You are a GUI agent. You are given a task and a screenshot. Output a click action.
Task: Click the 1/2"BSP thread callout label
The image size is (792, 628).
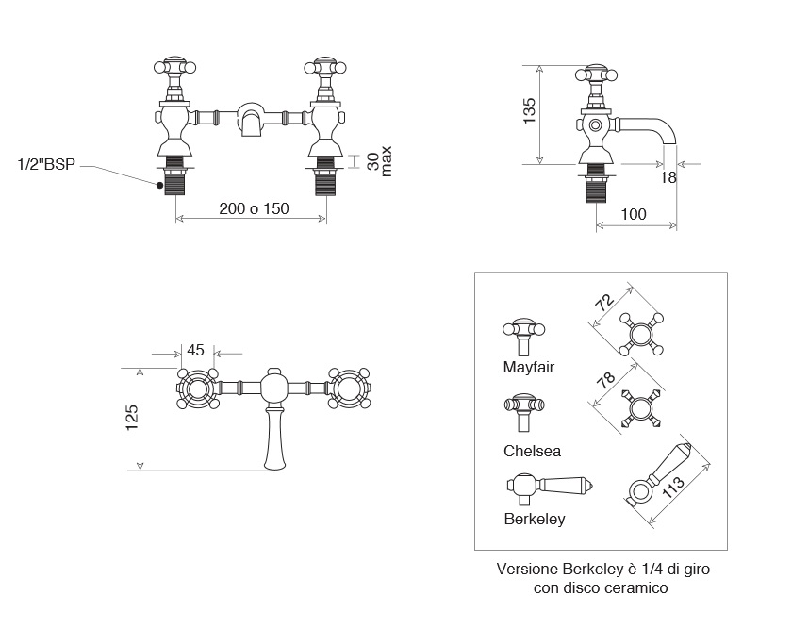(x=47, y=165)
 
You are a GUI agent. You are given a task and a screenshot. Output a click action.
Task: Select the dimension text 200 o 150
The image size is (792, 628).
(x=254, y=208)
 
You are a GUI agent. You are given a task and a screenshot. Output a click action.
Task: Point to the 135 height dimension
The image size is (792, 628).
(x=529, y=111)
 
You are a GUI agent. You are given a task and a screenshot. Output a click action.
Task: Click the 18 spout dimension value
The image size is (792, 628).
(x=668, y=176)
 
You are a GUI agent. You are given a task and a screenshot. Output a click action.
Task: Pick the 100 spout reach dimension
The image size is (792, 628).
(x=634, y=214)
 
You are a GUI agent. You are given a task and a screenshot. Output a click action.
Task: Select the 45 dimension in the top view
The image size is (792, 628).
(x=196, y=350)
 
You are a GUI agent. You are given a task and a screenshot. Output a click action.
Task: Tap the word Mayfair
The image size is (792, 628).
(x=529, y=367)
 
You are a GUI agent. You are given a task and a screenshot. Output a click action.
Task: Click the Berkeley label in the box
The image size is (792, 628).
(x=535, y=519)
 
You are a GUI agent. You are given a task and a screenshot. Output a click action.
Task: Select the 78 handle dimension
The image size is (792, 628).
(x=605, y=381)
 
